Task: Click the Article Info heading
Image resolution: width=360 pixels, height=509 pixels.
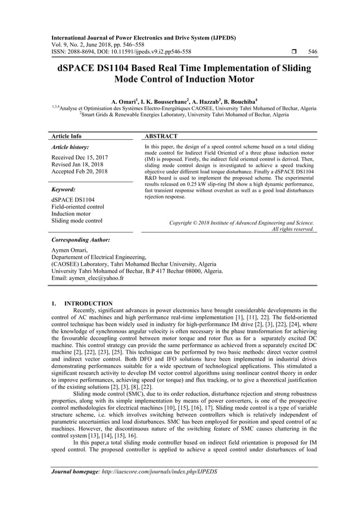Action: tap(66, 136)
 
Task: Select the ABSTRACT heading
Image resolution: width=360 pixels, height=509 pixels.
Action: tap(161, 136)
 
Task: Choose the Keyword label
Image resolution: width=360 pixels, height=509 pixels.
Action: tap(64, 190)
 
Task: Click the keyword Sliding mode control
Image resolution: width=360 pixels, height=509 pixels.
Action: tap(77, 221)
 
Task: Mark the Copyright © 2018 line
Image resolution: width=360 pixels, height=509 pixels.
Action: tap(242, 223)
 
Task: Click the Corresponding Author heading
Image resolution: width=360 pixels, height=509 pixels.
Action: tap(80, 240)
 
